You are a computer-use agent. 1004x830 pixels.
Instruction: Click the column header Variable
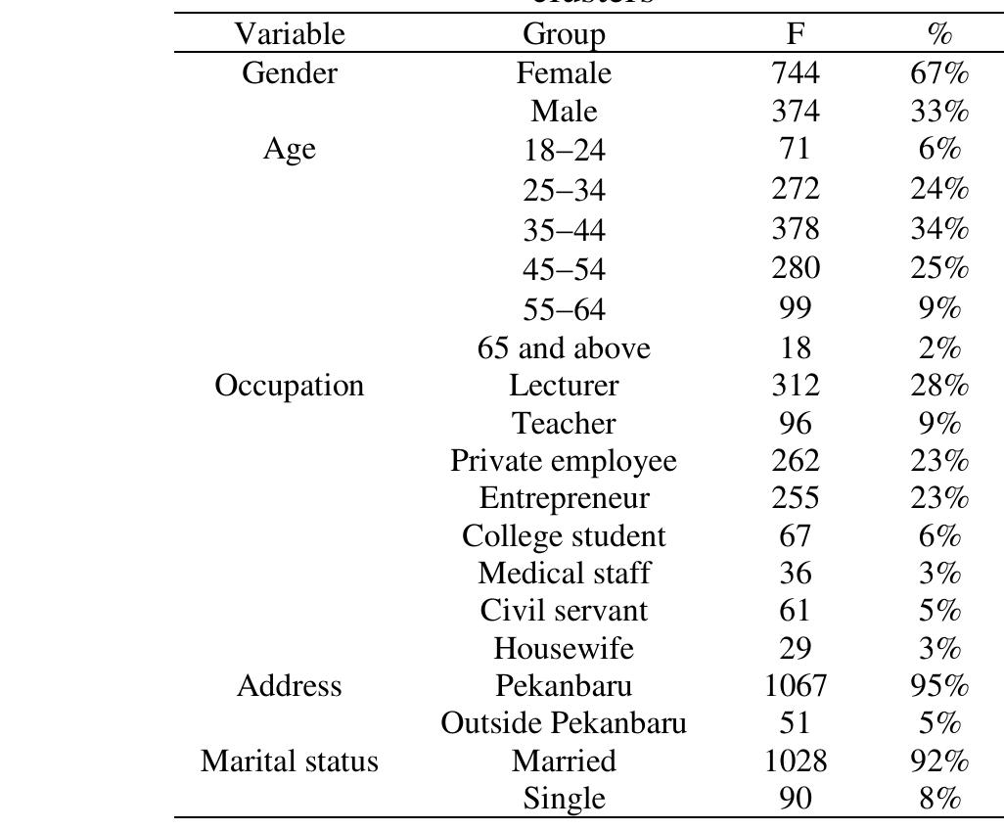[x=290, y=35]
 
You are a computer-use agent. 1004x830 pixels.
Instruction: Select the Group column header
[x=564, y=35]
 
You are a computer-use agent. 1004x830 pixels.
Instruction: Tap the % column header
[x=939, y=35]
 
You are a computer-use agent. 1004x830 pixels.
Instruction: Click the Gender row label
[x=290, y=73]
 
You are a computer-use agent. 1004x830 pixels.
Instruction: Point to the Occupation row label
[x=290, y=386]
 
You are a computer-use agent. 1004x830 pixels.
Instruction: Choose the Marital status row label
[x=290, y=761]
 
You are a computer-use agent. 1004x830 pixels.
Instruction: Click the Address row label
[x=290, y=686]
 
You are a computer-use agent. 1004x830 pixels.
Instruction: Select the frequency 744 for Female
[x=796, y=73]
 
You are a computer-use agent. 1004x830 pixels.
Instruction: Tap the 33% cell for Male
[x=939, y=112]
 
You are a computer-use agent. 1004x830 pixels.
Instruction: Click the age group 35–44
[x=564, y=230]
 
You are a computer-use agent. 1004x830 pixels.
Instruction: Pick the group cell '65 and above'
[x=564, y=347]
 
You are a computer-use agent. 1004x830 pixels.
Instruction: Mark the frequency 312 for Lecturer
[x=796, y=386]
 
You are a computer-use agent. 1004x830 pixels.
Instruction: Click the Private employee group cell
[x=564, y=460]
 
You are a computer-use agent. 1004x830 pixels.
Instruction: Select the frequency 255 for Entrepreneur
[x=796, y=498]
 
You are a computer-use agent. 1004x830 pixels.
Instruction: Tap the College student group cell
[x=564, y=536]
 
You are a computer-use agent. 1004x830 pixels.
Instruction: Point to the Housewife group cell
[x=564, y=648]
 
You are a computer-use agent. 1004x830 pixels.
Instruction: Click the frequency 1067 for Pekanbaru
[x=796, y=686]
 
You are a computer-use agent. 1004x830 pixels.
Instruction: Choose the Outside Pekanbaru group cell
[x=564, y=723]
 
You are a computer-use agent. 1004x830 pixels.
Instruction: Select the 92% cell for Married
[x=939, y=761]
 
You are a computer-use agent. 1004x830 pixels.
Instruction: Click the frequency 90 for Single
[x=796, y=799]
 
